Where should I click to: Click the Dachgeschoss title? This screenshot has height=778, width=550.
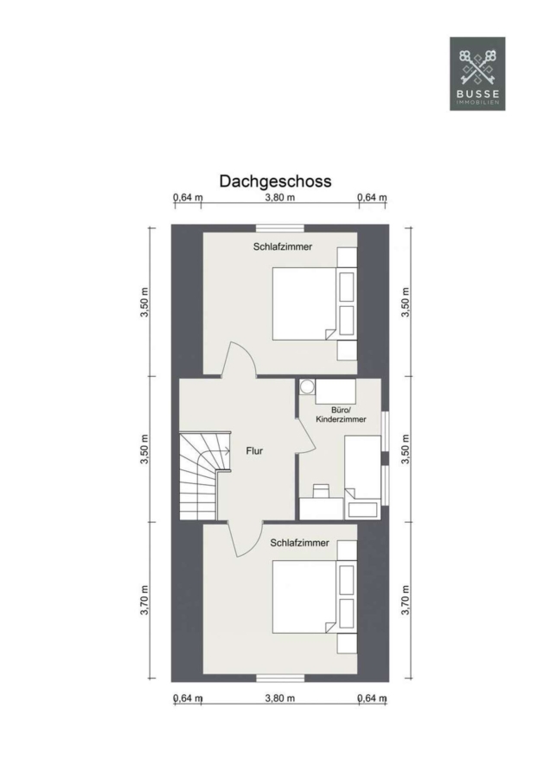tap(275, 182)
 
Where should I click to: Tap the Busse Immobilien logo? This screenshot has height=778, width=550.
tap(477, 73)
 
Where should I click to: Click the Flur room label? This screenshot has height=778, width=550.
tap(254, 451)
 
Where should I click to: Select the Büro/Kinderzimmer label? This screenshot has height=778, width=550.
tap(341, 415)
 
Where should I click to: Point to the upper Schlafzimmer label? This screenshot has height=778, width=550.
tap(283, 246)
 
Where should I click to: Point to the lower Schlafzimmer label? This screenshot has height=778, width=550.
tap(299, 543)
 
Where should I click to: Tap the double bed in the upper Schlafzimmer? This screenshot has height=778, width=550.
tap(314, 303)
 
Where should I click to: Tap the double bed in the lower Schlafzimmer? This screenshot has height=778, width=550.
tap(314, 596)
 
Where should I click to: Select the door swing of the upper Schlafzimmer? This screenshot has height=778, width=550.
tap(239, 360)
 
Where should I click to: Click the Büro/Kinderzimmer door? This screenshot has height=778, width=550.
tap(305, 436)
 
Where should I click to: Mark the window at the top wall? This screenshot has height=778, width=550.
tap(280, 228)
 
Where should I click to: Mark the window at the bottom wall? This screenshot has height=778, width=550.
tap(280, 678)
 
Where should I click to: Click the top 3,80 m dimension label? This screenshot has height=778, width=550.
tap(280, 197)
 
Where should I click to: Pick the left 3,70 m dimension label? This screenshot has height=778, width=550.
tap(144, 600)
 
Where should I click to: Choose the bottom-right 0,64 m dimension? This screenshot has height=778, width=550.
tap(373, 698)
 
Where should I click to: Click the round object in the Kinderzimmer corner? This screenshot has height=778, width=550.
tap(307, 386)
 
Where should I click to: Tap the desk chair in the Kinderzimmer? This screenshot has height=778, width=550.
tap(321, 491)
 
